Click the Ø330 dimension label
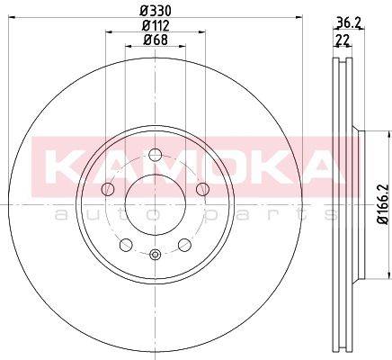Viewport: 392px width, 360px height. (x=156, y=11)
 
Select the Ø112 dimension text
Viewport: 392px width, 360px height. (x=156, y=25)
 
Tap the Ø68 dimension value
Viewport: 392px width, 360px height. (x=156, y=40)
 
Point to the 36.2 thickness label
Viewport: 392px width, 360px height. (x=349, y=22)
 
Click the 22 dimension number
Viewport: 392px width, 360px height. (x=342, y=40)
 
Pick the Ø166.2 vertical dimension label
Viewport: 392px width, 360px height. (x=383, y=203)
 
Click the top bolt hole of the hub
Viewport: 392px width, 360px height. (x=156, y=155)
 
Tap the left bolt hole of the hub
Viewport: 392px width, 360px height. (x=108, y=189)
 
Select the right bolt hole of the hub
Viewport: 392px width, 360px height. (x=202, y=189)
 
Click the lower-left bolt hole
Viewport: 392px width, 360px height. (x=126, y=245)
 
